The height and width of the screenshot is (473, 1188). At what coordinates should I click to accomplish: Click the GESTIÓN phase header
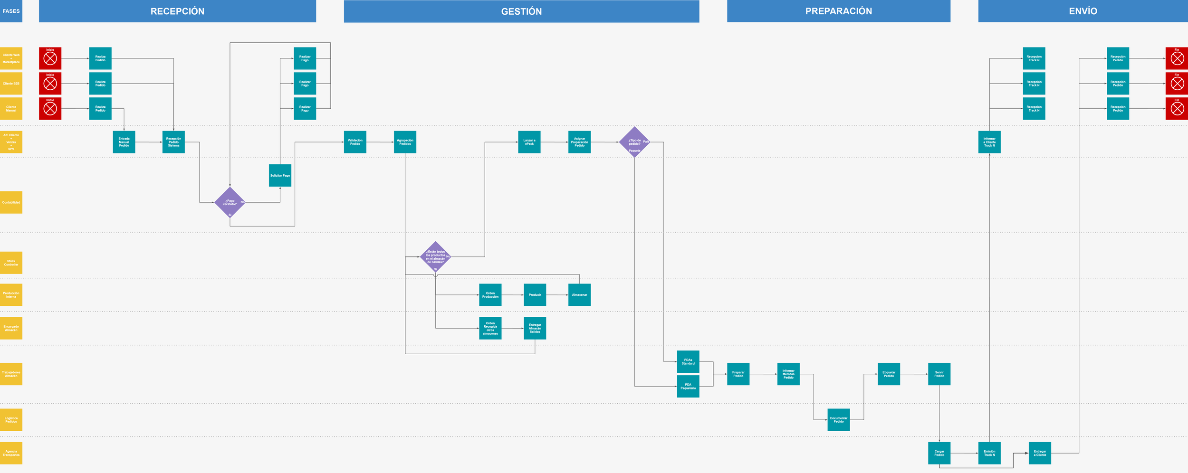(521, 11)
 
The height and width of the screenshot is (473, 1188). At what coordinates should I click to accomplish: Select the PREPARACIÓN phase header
(838, 11)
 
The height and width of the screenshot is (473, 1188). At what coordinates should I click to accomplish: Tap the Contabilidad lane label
(11, 202)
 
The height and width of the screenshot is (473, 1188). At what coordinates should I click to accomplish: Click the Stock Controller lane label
(11, 263)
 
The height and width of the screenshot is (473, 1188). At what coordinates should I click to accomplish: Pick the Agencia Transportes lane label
(11, 453)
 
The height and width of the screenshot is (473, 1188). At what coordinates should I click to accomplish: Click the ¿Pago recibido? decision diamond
(230, 202)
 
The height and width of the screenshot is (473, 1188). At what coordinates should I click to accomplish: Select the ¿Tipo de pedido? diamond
(634, 142)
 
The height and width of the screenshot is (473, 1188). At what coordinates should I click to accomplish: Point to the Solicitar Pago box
(280, 175)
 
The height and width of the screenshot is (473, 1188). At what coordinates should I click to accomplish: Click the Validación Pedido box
(355, 142)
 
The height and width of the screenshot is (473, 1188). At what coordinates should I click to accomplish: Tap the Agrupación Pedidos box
(405, 142)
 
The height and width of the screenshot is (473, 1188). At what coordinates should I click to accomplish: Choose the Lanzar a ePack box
(529, 142)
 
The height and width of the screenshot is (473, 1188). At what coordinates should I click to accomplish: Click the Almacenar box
(579, 295)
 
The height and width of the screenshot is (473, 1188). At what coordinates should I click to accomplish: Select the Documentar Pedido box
(839, 420)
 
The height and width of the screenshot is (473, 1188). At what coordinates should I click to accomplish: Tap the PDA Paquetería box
(688, 387)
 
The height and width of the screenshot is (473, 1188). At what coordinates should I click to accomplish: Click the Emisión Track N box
(989, 453)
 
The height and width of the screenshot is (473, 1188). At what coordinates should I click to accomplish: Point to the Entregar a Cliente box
(1040, 453)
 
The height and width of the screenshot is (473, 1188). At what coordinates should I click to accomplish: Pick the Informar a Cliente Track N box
(989, 142)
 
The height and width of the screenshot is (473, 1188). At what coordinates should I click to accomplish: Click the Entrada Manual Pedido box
(124, 142)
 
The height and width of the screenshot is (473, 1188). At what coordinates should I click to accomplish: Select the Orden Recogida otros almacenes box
(490, 328)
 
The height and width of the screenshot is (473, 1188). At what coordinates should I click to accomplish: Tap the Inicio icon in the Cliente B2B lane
(50, 84)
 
